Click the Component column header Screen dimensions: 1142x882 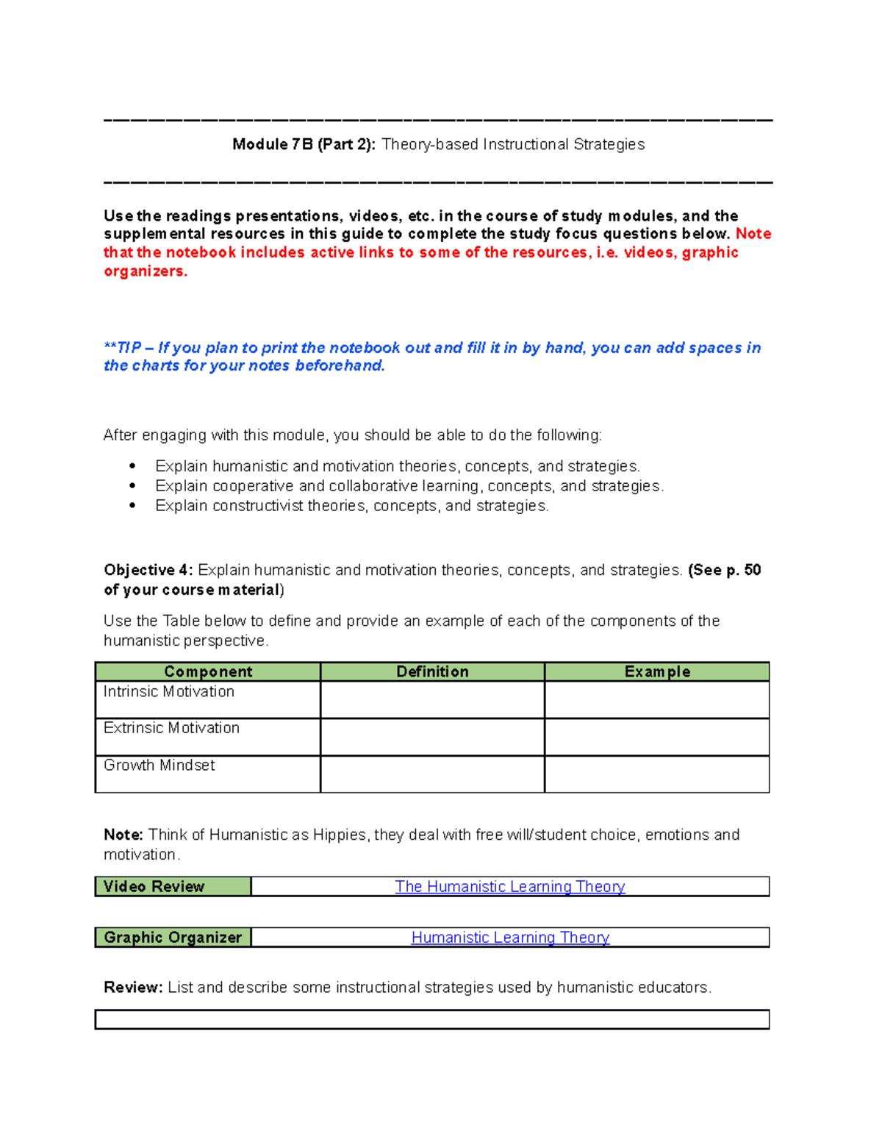click(208, 671)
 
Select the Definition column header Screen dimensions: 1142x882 click(432, 671)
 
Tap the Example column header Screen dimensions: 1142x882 click(657, 671)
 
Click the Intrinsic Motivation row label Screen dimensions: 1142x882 click(169, 692)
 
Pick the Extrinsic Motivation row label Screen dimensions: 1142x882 click(171, 728)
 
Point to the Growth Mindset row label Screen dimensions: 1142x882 click(159, 766)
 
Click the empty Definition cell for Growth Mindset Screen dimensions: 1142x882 click(432, 774)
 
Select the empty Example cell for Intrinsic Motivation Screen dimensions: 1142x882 click(657, 699)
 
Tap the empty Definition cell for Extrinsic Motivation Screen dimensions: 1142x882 click(432, 737)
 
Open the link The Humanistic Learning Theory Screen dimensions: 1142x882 click(510, 887)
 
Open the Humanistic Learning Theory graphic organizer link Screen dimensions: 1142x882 click(510, 938)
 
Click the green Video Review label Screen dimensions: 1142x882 click(173, 887)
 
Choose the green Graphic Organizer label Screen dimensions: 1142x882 click(173, 938)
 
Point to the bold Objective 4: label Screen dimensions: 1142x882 click(148, 571)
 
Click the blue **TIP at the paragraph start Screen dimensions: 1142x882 click(122, 348)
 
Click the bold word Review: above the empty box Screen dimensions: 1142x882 click(133, 988)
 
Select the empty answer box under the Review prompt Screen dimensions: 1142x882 click(432, 1019)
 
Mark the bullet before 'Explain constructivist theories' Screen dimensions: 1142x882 click(132, 506)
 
